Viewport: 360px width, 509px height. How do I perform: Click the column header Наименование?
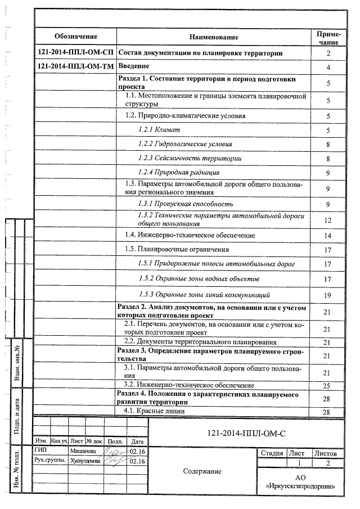point(214,37)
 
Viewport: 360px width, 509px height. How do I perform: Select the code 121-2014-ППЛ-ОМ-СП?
point(75,53)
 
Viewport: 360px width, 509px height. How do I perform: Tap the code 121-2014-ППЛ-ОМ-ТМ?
point(75,66)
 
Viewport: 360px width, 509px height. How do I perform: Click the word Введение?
point(133,66)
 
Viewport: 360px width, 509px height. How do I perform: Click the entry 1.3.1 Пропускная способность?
point(185,203)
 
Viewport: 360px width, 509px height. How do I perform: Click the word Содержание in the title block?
point(202,471)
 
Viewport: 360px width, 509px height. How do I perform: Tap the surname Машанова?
point(83,451)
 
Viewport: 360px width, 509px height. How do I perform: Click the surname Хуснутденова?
point(85,461)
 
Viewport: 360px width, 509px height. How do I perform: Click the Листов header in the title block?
point(325,453)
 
